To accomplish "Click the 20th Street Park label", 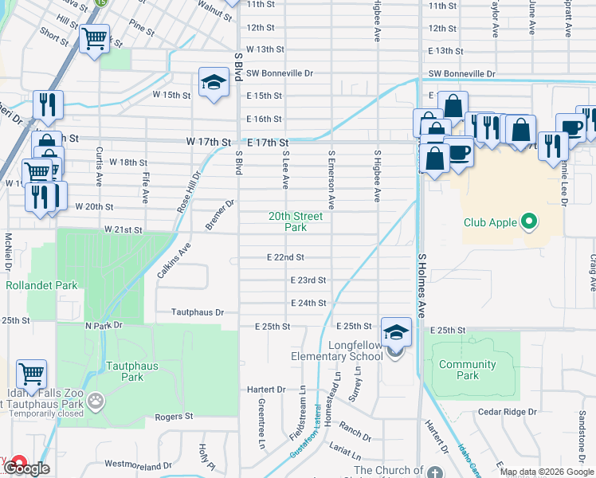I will [x=295, y=221].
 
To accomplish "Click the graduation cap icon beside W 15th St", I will [x=214, y=82].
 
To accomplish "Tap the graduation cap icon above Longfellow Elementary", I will [x=396, y=331].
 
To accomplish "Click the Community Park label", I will [x=468, y=370].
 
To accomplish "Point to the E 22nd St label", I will [x=285, y=257].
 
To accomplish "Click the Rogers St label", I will [x=174, y=416].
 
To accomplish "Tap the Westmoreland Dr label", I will [x=137, y=464].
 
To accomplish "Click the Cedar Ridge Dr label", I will [x=509, y=412].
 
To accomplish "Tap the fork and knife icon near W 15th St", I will [x=48, y=104].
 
